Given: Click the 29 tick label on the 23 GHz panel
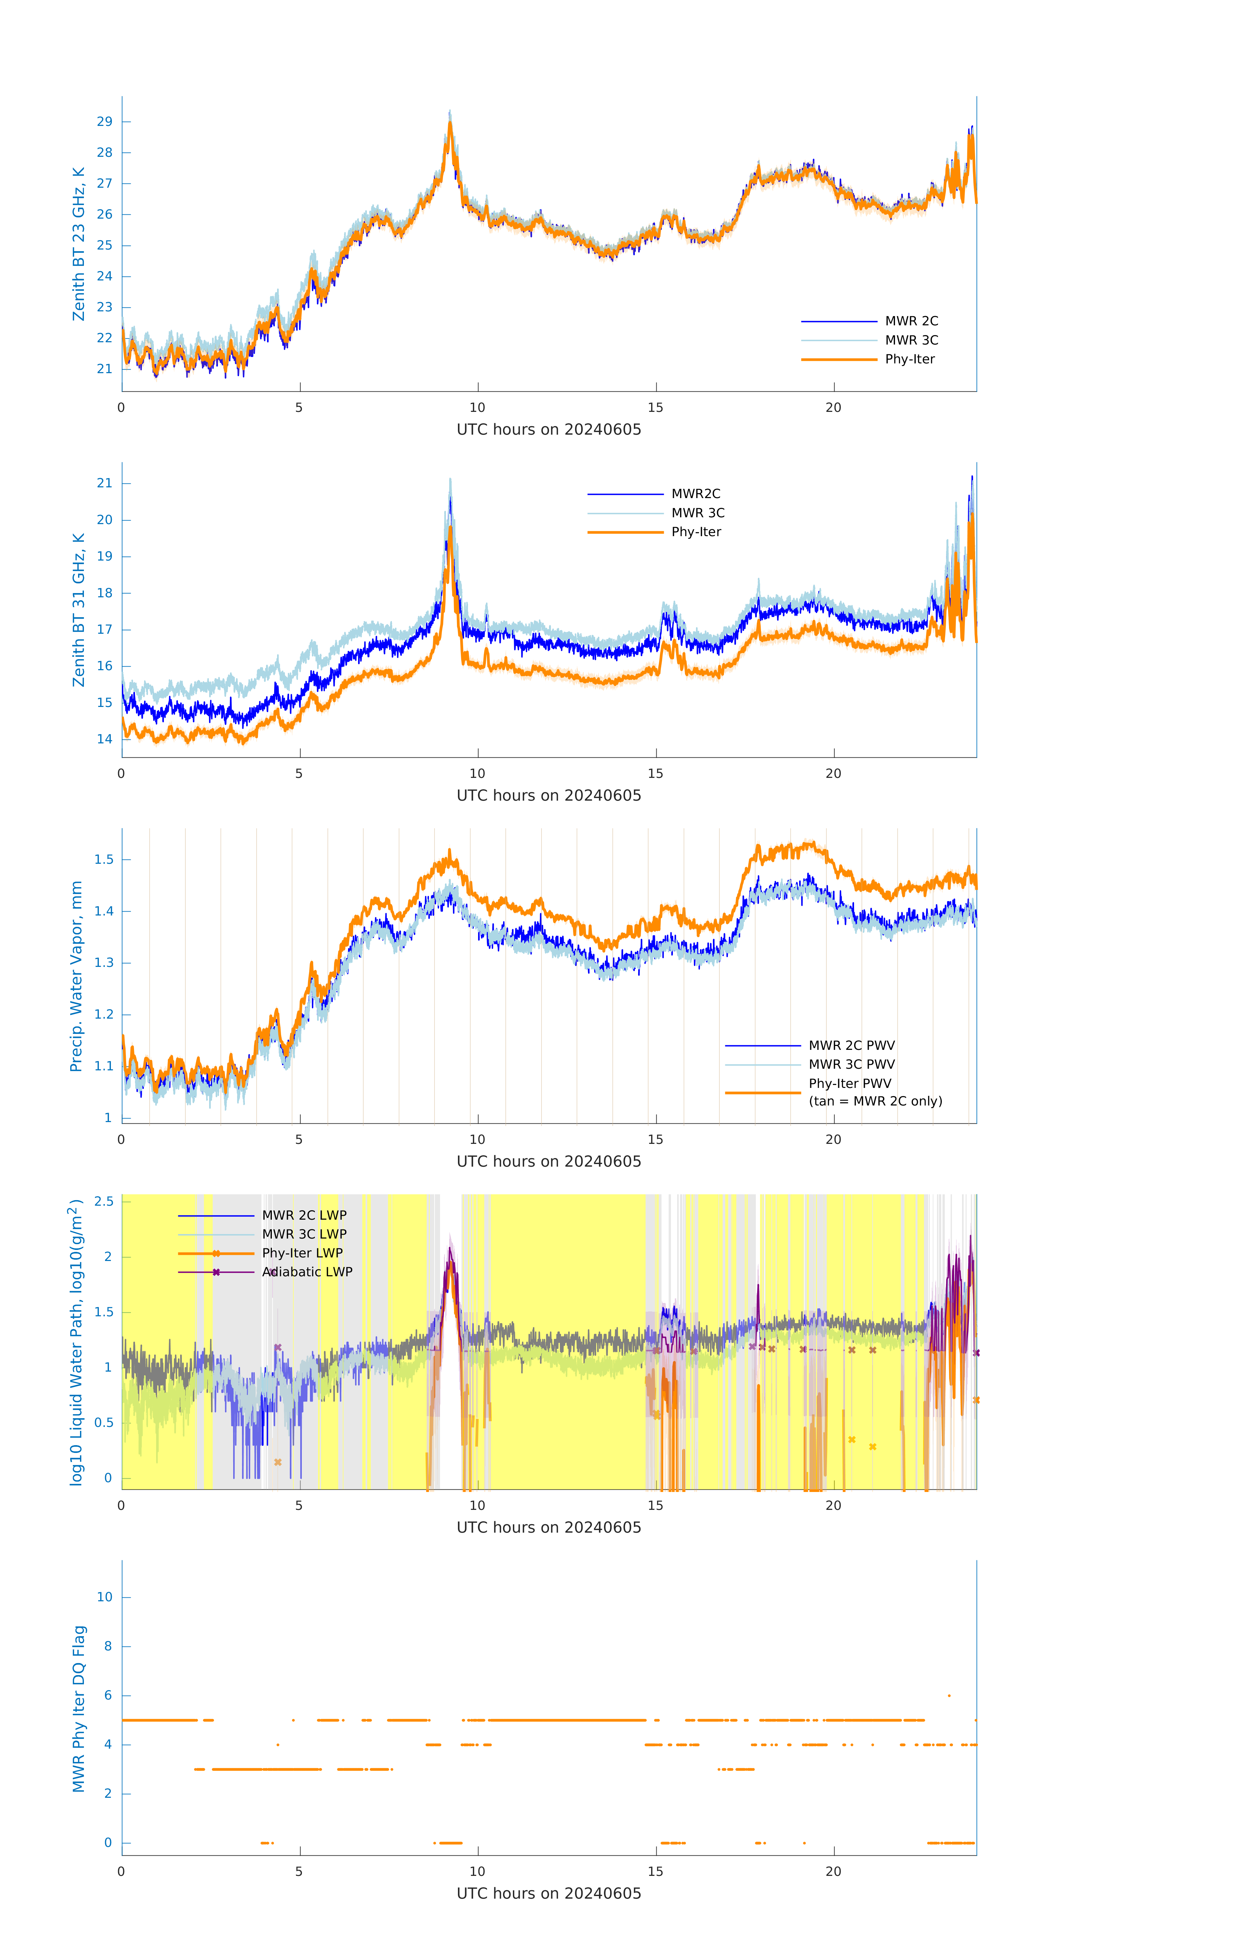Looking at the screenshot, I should (x=104, y=122).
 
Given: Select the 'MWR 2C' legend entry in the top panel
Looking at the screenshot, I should (x=911, y=321).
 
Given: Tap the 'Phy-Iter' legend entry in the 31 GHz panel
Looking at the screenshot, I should (x=695, y=532).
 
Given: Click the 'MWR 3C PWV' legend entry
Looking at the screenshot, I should (x=851, y=1064).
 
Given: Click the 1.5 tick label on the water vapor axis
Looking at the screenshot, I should (x=104, y=859).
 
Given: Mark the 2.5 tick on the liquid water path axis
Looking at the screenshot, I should (x=104, y=1201).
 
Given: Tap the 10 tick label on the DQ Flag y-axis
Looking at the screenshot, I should (x=104, y=1597).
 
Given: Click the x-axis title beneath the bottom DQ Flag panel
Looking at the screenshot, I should (x=549, y=1894).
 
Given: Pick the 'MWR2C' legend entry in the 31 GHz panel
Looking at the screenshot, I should (x=695, y=494).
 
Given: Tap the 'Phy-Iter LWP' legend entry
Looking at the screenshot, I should (x=301, y=1253).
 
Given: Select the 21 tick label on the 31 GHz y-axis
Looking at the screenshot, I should (x=104, y=483).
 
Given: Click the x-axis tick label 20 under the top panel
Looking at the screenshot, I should (x=833, y=408).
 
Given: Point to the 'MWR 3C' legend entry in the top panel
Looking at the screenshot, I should (x=911, y=341).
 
